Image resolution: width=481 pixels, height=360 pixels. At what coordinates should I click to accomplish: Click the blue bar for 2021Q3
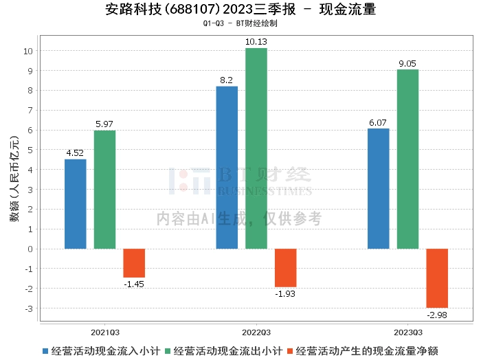[x=76, y=204]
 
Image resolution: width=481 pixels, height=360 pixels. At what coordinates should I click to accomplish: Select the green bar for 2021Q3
[x=104, y=190]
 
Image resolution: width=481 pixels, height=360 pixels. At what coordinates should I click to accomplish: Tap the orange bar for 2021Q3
[x=134, y=263]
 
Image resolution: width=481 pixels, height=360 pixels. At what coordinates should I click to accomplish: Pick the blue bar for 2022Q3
[x=227, y=168]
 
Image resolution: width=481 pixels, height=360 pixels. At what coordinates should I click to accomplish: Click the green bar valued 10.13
[x=256, y=148]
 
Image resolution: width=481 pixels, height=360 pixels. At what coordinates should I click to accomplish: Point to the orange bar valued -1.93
[x=285, y=268]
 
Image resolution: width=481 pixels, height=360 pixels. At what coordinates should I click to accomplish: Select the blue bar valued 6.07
[x=378, y=189]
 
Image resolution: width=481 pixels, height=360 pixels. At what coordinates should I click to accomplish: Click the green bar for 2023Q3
[x=407, y=159]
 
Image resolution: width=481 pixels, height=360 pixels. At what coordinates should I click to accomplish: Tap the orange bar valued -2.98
[x=437, y=278]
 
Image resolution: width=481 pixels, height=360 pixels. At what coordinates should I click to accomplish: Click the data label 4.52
[x=76, y=153]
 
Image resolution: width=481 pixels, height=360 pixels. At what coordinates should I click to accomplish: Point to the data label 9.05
[x=407, y=63]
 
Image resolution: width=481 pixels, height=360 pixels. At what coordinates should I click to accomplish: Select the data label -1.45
[x=134, y=284]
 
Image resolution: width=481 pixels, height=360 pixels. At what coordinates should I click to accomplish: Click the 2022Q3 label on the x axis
[x=256, y=331]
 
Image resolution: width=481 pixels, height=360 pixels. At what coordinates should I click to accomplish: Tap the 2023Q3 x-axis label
[x=407, y=331]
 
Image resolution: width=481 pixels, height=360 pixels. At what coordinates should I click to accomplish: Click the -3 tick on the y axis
[x=30, y=308]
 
